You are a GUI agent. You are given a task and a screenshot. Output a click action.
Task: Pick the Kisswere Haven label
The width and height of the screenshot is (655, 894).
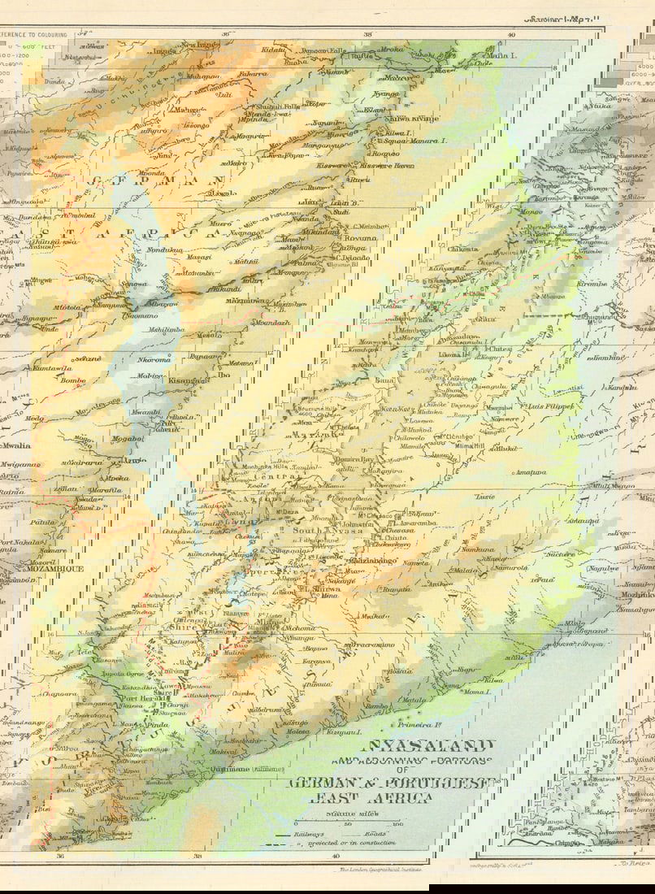pos(387,165)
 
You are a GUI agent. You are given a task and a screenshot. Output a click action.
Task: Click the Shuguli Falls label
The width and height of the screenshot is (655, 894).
pos(279,106)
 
